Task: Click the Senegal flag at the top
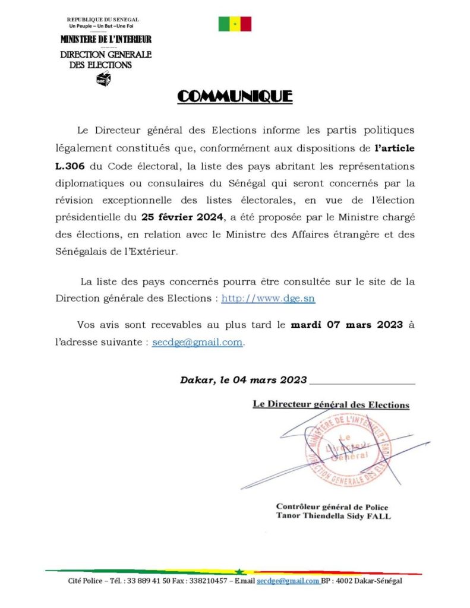pyautogui.click(x=235, y=24)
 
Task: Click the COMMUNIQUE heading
pyautogui.click(x=235, y=96)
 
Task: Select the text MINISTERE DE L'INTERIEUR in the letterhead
pyautogui.click(x=106, y=39)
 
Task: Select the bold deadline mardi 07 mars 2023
pyautogui.click(x=347, y=325)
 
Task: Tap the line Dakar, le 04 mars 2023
pyautogui.click(x=244, y=380)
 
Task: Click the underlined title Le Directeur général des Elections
pyautogui.click(x=331, y=404)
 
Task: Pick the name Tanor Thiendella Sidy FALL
pyautogui.click(x=333, y=516)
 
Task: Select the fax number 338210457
pyautogui.click(x=209, y=581)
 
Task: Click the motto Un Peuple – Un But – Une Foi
pyautogui.click(x=103, y=27)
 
